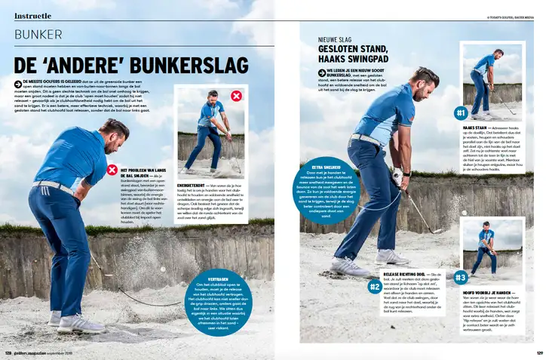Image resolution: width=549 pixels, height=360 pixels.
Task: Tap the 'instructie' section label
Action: click(x=33, y=14)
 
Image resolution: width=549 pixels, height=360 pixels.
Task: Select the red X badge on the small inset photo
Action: click(x=237, y=96)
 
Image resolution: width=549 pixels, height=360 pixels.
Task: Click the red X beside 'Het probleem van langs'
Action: click(x=113, y=171)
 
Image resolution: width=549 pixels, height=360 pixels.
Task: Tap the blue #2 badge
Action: click(x=375, y=287)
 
